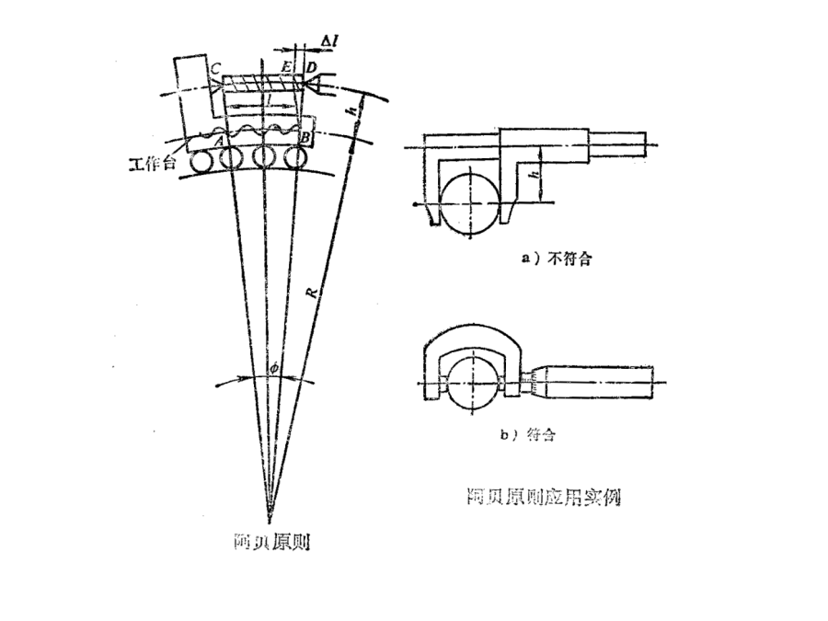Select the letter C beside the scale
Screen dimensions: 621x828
coord(213,69)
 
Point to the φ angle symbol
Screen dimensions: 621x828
coord(271,370)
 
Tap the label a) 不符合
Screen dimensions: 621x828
coord(556,259)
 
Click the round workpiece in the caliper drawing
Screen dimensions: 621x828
coord(469,197)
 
